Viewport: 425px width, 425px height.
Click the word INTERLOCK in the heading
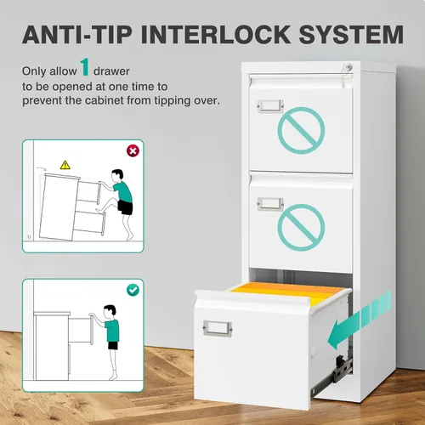click(x=216, y=35)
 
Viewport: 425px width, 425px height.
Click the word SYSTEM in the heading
click(x=351, y=35)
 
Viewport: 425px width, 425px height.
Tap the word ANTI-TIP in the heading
click(x=77, y=35)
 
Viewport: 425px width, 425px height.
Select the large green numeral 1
click(x=85, y=67)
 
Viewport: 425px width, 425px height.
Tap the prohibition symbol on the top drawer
click(x=301, y=130)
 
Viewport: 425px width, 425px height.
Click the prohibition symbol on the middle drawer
click(x=301, y=228)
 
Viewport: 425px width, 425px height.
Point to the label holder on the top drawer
click(x=270, y=105)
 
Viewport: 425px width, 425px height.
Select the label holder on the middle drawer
click(x=270, y=204)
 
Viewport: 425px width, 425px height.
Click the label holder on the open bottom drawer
click(x=218, y=328)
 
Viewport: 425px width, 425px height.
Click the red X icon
click(x=133, y=150)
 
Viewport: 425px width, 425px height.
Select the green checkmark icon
click(x=133, y=290)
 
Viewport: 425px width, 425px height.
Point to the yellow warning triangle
click(x=65, y=165)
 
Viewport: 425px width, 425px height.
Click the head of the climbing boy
click(x=117, y=176)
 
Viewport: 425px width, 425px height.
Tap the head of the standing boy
click(x=110, y=312)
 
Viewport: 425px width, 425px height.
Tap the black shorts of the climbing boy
click(x=125, y=207)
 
